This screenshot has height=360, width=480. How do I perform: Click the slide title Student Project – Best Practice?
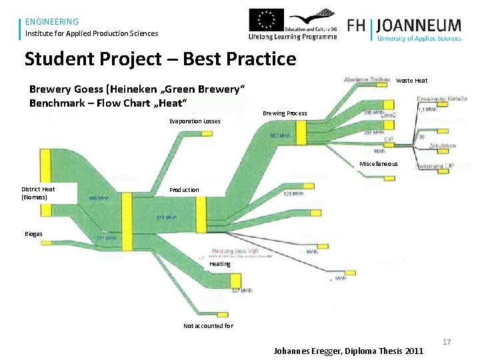(160, 59)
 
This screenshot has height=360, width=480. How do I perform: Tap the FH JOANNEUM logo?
(404, 27)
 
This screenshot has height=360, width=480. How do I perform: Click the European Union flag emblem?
(266, 20)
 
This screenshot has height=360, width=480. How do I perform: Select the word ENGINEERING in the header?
(52, 21)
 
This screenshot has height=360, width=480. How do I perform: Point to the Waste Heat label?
(411, 81)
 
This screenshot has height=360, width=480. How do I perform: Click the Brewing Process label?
(285, 113)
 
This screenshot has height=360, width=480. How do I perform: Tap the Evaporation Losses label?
(195, 121)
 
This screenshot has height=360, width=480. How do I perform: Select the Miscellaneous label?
(378, 164)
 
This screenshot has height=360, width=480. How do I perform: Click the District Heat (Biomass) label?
(38, 193)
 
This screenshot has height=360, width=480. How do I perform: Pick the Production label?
(184, 190)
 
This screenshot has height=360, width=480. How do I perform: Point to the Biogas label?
(34, 234)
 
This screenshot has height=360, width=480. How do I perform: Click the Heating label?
(220, 264)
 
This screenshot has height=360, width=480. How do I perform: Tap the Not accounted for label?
(208, 326)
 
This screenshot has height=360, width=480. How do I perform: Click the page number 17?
(447, 342)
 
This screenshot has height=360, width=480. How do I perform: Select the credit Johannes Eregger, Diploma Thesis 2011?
(348, 351)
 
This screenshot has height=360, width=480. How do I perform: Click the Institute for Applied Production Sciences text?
(92, 33)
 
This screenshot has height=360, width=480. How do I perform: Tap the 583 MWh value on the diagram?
(281, 135)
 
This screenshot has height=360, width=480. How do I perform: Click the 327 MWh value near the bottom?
(240, 291)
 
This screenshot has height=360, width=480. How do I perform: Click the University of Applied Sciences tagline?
(419, 39)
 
